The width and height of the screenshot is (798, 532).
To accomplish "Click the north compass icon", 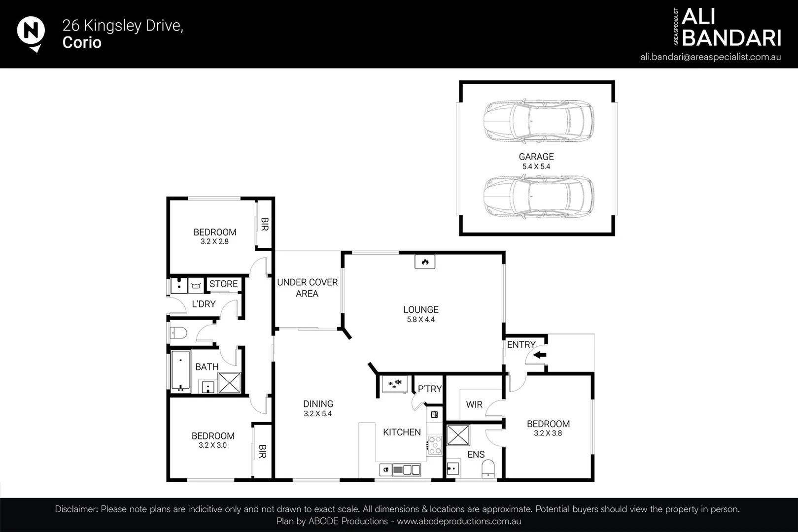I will click(x=31, y=33).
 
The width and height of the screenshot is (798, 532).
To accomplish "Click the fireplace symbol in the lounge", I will click(x=424, y=262).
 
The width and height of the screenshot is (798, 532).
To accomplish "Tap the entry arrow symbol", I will click(x=540, y=354).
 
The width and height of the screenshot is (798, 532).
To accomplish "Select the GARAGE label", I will click(x=536, y=157).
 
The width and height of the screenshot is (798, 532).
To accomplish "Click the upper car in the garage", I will click(x=538, y=121).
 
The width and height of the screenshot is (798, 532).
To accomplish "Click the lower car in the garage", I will click(x=538, y=197).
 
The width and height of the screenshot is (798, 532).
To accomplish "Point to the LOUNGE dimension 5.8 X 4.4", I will click(x=420, y=319).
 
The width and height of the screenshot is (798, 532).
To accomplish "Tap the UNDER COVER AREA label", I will click(x=307, y=288).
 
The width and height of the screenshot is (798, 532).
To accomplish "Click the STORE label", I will click(x=223, y=284).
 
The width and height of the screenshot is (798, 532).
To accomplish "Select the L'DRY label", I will click(x=204, y=304).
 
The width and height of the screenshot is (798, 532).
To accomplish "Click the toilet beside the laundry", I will click(x=178, y=333).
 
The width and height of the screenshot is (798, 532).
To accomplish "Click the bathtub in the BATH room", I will click(x=180, y=371).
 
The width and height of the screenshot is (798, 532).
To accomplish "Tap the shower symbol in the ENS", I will click(x=458, y=435).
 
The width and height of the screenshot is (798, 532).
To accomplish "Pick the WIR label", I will click(x=474, y=404).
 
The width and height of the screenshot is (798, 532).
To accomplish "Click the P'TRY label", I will click(x=429, y=389).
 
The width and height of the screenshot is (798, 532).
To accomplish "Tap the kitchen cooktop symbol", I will click(x=434, y=445).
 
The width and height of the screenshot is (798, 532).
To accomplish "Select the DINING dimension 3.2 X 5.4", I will click(x=317, y=414).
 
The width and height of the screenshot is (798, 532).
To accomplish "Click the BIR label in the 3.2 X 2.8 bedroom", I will click(x=264, y=224).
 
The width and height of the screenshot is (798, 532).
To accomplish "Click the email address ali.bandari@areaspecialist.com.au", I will click(x=710, y=57).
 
